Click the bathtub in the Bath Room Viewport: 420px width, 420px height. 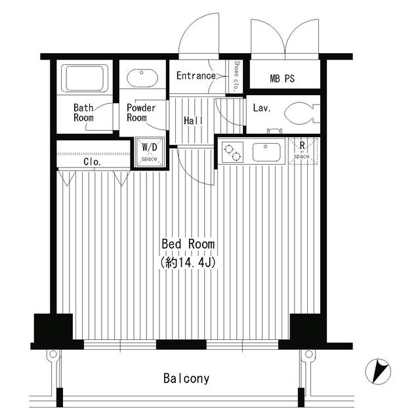[x=85, y=78]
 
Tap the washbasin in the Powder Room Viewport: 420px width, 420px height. [x=142, y=78]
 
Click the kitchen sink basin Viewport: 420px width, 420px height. [x=266, y=152]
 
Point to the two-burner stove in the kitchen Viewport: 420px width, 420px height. [x=232, y=152]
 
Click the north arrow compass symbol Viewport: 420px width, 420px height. [x=378, y=371]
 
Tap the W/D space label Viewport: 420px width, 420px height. [x=150, y=152]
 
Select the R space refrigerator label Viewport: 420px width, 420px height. [x=302, y=150]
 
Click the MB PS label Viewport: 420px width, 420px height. [x=282, y=79]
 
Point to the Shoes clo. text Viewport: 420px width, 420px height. [x=236, y=76]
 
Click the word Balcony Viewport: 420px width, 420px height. [x=186, y=379]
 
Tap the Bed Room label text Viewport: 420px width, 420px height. [x=188, y=244]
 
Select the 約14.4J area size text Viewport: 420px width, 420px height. [x=188, y=262]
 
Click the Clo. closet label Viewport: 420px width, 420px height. [x=92, y=162]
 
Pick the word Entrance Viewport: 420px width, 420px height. [x=196, y=76]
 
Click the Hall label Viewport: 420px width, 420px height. [x=193, y=121]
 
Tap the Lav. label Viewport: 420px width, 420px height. [x=262, y=108]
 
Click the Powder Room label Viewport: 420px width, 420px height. [x=141, y=113]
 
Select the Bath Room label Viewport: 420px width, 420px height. [x=83, y=113]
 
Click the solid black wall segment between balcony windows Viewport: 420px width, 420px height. [x=181, y=345]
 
